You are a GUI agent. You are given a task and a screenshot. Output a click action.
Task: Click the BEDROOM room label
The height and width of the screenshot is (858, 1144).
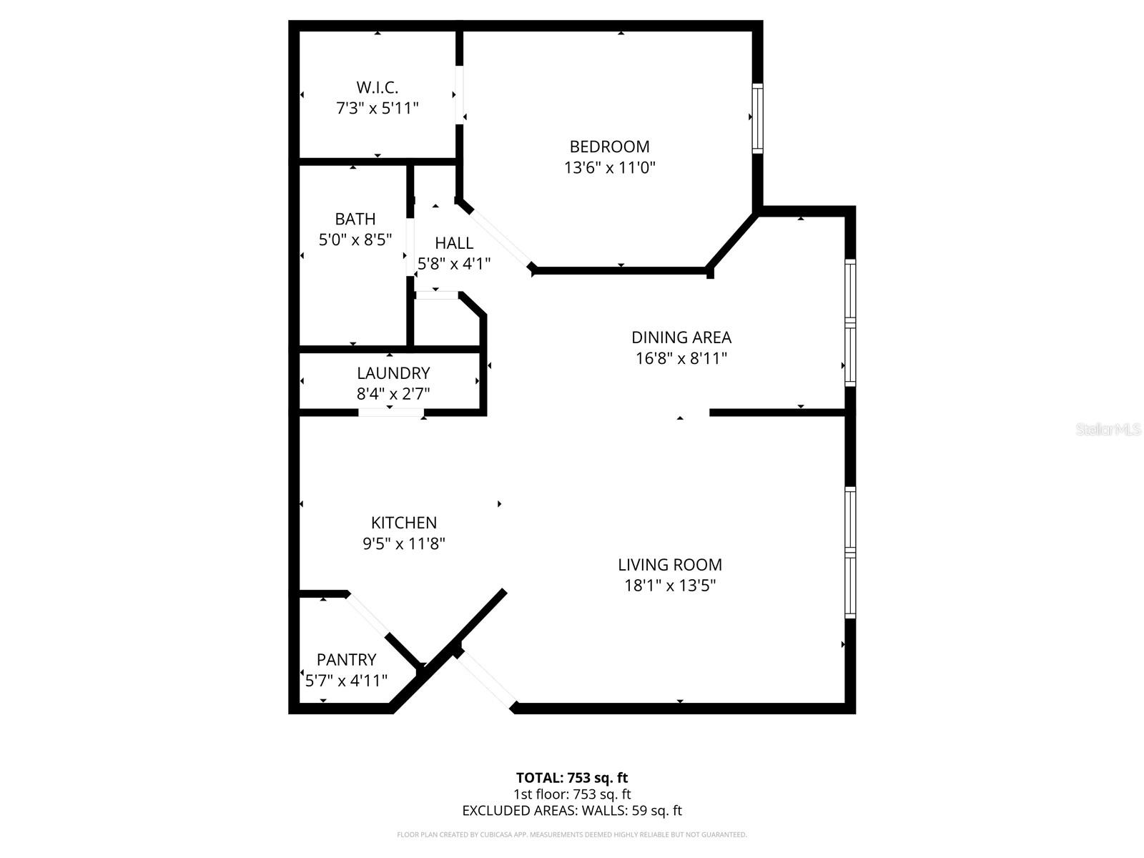pos(609,147)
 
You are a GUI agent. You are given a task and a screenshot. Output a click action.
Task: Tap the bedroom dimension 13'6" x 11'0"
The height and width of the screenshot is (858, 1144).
pos(609,168)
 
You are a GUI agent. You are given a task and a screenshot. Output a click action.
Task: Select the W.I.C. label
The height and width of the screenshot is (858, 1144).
pos(377,87)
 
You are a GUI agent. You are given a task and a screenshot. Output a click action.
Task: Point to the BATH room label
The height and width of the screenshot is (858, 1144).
pos(355,219)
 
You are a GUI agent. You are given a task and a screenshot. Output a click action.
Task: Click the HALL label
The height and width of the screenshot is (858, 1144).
pos(454,243)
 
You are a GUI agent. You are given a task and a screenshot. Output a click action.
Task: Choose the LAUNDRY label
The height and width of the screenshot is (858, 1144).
pos(393,373)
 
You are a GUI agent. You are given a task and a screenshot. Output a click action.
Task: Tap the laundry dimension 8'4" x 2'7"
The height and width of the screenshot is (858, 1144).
pos(393,393)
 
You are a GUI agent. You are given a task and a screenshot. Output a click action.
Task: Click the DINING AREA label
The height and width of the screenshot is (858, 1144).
pos(681,337)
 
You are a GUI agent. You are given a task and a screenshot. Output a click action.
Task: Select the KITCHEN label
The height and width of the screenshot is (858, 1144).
pos(404,523)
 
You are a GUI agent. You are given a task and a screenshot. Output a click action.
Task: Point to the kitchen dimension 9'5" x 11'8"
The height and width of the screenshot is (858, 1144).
pos(404,543)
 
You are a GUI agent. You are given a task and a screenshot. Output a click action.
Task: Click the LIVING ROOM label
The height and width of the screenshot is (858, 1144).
pos(670,565)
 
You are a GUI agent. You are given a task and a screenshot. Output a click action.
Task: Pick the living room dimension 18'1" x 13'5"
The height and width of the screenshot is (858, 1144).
pos(670,586)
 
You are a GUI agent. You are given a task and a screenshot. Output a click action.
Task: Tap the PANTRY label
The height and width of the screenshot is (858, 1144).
pos(346,659)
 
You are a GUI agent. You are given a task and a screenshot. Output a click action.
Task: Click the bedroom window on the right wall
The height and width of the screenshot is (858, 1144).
pos(757,118)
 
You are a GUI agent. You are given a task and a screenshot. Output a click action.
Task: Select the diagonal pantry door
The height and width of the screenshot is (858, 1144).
pos(368,613)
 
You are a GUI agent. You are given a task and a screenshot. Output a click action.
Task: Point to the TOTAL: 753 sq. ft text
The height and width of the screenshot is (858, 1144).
pos(572,778)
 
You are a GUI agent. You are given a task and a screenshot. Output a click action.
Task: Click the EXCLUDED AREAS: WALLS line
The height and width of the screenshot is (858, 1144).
pos(572,811)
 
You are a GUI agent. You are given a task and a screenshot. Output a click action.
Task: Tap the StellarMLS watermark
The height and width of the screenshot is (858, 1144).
pos(1109,430)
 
